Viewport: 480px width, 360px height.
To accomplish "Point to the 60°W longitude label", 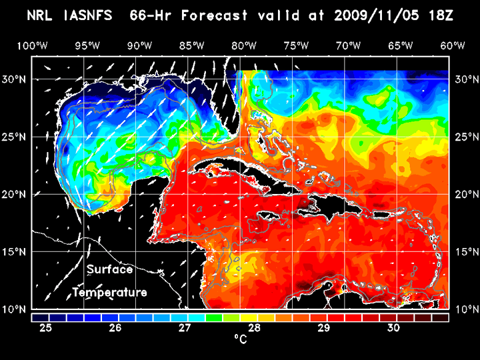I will point(453,45).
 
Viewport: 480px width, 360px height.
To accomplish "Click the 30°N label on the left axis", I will point(16,79).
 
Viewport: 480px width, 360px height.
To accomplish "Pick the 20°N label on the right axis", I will point(465,194).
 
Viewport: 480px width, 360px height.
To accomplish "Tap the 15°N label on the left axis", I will point(16,252).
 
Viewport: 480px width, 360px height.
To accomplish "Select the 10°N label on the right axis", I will point(465,309).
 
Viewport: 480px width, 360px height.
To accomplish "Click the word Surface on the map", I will point(109,270).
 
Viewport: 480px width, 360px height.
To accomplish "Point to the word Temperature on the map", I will point(109,293).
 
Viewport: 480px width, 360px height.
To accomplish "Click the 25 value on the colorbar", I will point(46,328).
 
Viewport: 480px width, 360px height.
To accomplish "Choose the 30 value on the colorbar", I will point(393,328).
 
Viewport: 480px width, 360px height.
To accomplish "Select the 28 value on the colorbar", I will point(254,328).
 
